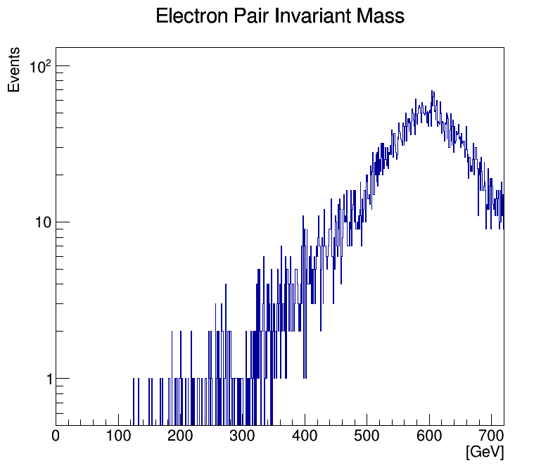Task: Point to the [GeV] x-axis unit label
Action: coord(485,452)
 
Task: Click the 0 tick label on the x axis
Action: coord(56,436)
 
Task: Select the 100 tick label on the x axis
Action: coord(118,436)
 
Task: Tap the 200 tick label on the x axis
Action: coord(180,436)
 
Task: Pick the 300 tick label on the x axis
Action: coord(243,436)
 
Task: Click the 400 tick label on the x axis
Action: coord(305,436)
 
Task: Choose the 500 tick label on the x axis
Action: coord(367,436)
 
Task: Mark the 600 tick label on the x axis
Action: coord(429,436)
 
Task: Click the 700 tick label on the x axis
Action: coord(491,436)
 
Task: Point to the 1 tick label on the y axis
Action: coord(49,379)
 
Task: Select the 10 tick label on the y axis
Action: coord(44,223)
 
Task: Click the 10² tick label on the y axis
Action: coord(40,67)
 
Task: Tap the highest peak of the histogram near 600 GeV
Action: coord(432,92)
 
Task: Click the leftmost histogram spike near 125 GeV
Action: coord(134,394)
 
